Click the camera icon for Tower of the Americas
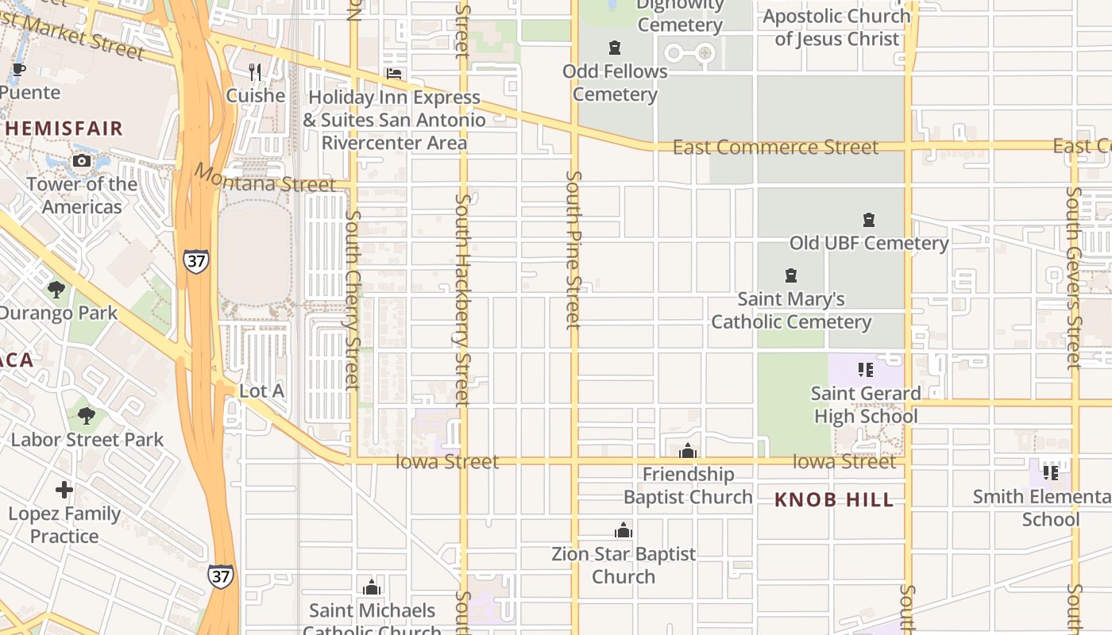click(x=81, y=161)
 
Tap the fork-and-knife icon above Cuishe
click(x=255, y=72)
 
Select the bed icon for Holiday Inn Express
click(x=394, y=74)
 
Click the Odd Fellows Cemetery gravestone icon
click(x=615, y=48)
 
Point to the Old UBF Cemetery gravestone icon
click(x=869, y=220)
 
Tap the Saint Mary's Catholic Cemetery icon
click(x=791, y=275)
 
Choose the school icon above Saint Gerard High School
click(x=866, y=370)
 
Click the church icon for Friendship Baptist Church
click(x=688, y=452)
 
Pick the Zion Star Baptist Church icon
click(x=624, y=531)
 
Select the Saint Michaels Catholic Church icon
click(x=372, y=587)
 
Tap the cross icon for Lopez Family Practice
click(x=64, y=490)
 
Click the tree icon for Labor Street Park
click(x=87, y=415)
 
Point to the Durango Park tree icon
click(x=56, y=289)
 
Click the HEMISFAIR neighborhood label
click(x=64, y=128)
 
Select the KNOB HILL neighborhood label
click(x=834, y=500)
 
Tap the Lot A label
click(x=261, y=391)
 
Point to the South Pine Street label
click(x=573, y=249)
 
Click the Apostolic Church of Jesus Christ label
click(x=836, y=27)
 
